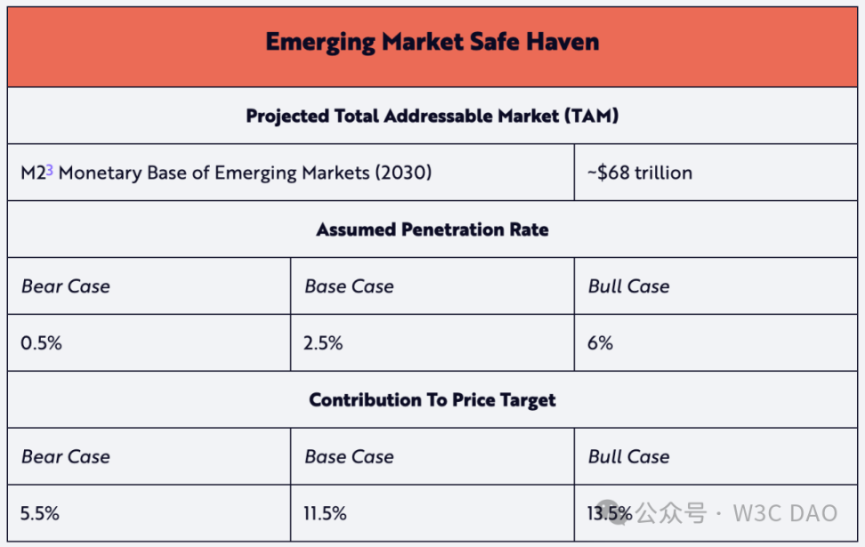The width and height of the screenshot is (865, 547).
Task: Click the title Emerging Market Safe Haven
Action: [x=432, y=42]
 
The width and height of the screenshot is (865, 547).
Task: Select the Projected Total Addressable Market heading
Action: [x=432, y=116]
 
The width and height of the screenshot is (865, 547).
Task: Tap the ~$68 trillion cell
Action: [x=639, y=173]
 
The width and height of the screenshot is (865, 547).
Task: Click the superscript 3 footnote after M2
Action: [x=50, y=170]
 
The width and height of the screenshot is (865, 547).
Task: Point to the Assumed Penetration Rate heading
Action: [x=432, y=229]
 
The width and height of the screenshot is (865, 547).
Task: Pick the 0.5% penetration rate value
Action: [x=41, y=343]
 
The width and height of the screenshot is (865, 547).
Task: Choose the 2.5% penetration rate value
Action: [x=324, y=343]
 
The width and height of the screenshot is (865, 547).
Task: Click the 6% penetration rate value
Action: [x=601, y=343]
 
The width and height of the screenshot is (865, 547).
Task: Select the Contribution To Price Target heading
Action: [x=432, y=400]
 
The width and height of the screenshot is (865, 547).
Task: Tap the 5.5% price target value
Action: [x=41, y=513]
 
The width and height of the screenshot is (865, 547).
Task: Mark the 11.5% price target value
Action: [x=326, y=513]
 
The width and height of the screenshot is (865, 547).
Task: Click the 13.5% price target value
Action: [x=610, y=513]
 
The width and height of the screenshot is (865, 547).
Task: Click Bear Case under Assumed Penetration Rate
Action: [x=66, y=286]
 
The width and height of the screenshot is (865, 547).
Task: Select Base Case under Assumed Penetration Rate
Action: [x=349, y=286]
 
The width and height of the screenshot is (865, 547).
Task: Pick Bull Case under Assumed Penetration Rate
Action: [x=629, y=286]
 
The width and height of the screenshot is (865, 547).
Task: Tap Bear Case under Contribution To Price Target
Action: [x=66, y=457]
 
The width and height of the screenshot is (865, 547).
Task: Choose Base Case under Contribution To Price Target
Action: [x=349, y=457]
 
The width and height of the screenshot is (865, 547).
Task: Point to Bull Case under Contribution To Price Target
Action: [x=629, y=457]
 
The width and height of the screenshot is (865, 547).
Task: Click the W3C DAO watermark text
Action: [x=785, y=513]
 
